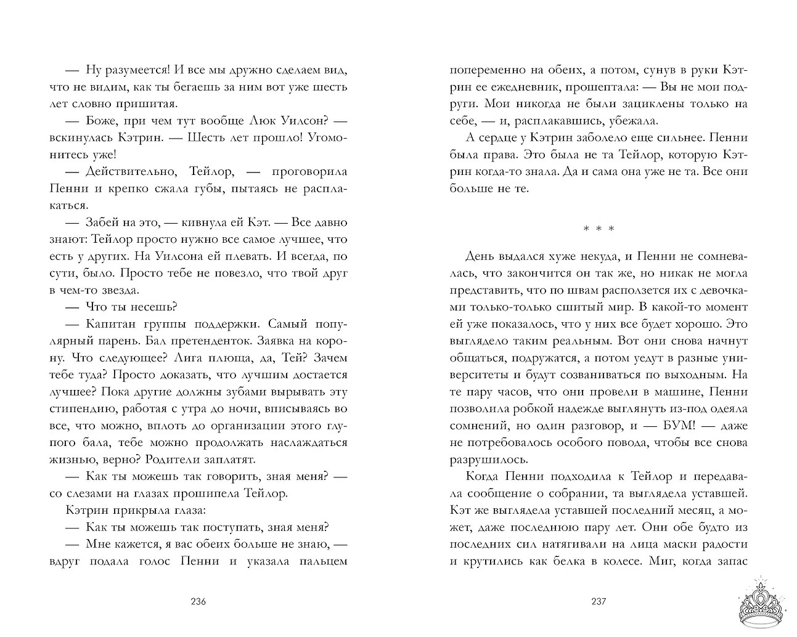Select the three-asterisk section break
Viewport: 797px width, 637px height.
[599, 229]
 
